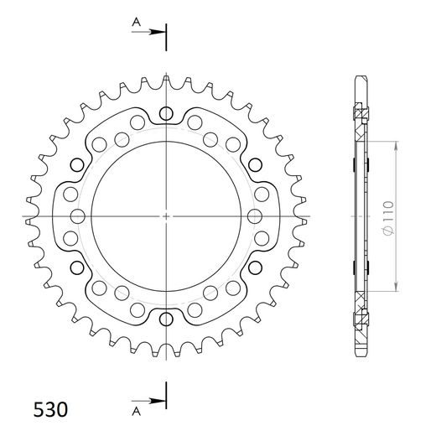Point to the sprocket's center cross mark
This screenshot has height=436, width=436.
[x=168, y=216]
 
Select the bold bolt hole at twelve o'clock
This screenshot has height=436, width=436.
[x=168, y=114]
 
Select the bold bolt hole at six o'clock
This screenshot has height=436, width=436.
[x=168, y=319]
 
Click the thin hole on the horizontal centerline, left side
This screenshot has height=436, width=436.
[x=78, y=216]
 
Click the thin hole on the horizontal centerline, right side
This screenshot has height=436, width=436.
[x=257, y=216]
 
